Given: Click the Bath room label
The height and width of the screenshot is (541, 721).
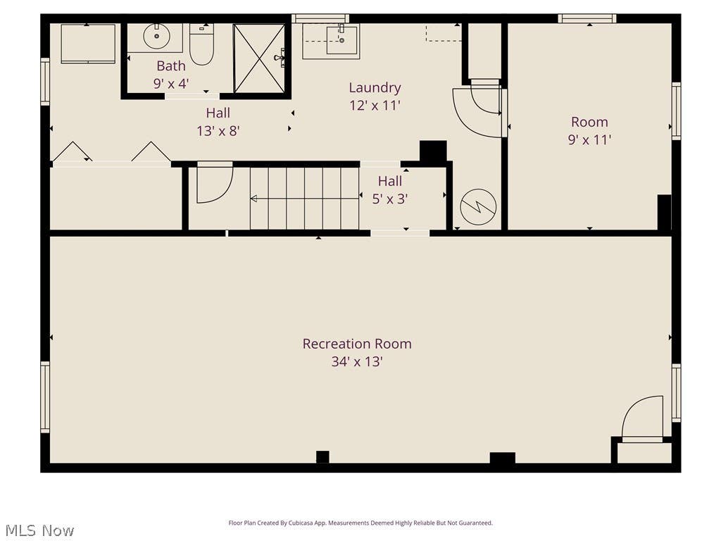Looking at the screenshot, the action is pyautogui.click(x=171, y=66).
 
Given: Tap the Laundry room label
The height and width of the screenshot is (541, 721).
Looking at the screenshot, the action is pyautogui.click(x=375, y=88).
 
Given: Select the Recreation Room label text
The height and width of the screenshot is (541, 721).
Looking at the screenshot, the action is pyautogui.click(x=357, y=344).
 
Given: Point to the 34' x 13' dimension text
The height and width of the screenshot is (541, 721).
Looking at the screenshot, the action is pyautogui.click(x=357, y=361).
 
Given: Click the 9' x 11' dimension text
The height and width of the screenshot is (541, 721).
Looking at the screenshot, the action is pyautogui.click(x=589, y=139).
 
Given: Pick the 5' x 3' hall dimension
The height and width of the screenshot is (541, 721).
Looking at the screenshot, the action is pyautogui.click(x=390, y=199).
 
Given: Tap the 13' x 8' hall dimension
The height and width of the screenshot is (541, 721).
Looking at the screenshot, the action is pyautogui.click(x=218, y=131).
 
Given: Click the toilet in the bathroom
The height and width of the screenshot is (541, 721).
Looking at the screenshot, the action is pyautogui.click(x=202, y=44).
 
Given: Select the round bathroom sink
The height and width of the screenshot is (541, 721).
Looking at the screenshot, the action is pyautogui.click(x=156, y=37).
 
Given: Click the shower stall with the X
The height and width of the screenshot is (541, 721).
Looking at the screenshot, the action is pyautogui.click(x=259, y=58).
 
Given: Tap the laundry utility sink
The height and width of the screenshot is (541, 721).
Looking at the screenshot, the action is pyautogui.click(x=342, y=40).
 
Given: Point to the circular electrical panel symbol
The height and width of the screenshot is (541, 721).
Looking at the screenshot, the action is pyautogui.click(x=478, y=207).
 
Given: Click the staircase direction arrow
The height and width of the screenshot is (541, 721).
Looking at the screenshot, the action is pyautogui.click(x=304, y=199).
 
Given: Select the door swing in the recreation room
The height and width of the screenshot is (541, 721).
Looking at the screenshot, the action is pyautogui.click(x=642, y=418).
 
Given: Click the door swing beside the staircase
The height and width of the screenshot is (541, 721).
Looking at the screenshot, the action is pyautogui.click(x=215, y=184).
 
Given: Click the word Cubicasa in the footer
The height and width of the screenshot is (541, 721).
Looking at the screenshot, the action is pyautogui.click(x=298, y=523).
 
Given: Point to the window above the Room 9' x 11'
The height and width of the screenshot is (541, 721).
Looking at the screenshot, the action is pyautogui.click(x=587, y=18).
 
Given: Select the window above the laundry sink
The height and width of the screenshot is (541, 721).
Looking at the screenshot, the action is pyautogui.click(x=320, y=18).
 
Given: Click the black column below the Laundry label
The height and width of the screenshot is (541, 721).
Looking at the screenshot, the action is pyautogui.click(x=433, y=151).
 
